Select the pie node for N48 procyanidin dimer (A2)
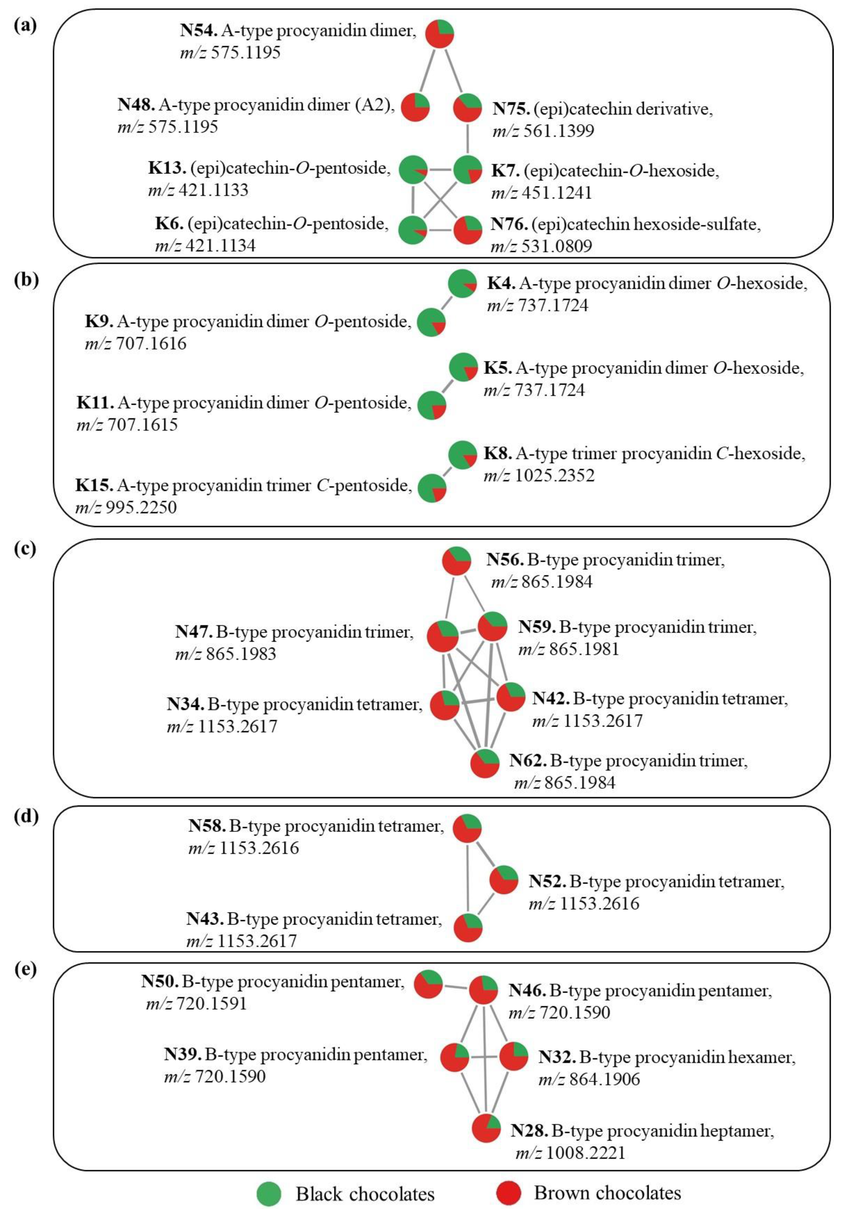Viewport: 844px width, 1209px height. (x=415, y=107)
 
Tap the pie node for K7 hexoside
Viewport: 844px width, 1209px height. (x=468, y=170)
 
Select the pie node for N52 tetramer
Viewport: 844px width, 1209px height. (x=504, y=879)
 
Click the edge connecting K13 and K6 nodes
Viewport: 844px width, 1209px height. (x=413, y=200)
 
